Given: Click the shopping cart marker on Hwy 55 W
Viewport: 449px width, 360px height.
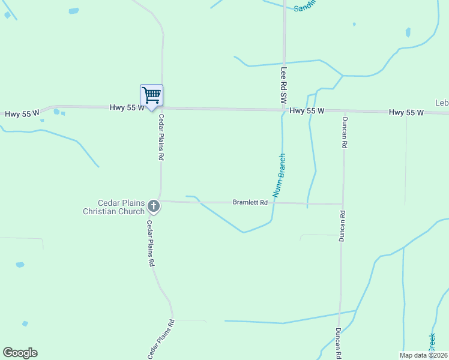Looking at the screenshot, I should click(151, 95).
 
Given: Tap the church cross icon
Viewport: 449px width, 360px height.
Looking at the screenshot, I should click(154, 207).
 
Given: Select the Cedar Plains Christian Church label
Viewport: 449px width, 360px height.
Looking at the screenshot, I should click(114, 207).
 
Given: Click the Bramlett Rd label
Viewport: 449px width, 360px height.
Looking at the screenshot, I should click(250, 203).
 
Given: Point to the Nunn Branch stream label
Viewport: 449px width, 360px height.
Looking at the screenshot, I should click(279, 175).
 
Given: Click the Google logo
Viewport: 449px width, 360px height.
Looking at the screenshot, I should click(20, 352).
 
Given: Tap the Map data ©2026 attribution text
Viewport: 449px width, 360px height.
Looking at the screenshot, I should click(424, 355).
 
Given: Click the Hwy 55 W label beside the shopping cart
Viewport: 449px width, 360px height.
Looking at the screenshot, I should click(127, 107).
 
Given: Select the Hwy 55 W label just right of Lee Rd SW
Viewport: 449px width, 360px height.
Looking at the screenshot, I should click(307, 111).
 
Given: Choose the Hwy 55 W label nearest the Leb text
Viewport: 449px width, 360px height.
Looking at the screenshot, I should click(406, 112).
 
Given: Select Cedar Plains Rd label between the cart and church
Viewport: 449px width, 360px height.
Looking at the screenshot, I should click(161, 138).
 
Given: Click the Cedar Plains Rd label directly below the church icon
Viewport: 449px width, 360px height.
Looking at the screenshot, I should click(151, 243).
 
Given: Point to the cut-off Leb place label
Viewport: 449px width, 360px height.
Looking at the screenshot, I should click(442, 103).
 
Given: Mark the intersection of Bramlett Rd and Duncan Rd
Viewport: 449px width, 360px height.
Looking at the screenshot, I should click(343, 204).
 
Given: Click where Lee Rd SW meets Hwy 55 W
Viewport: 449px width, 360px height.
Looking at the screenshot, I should click(284, 110).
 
